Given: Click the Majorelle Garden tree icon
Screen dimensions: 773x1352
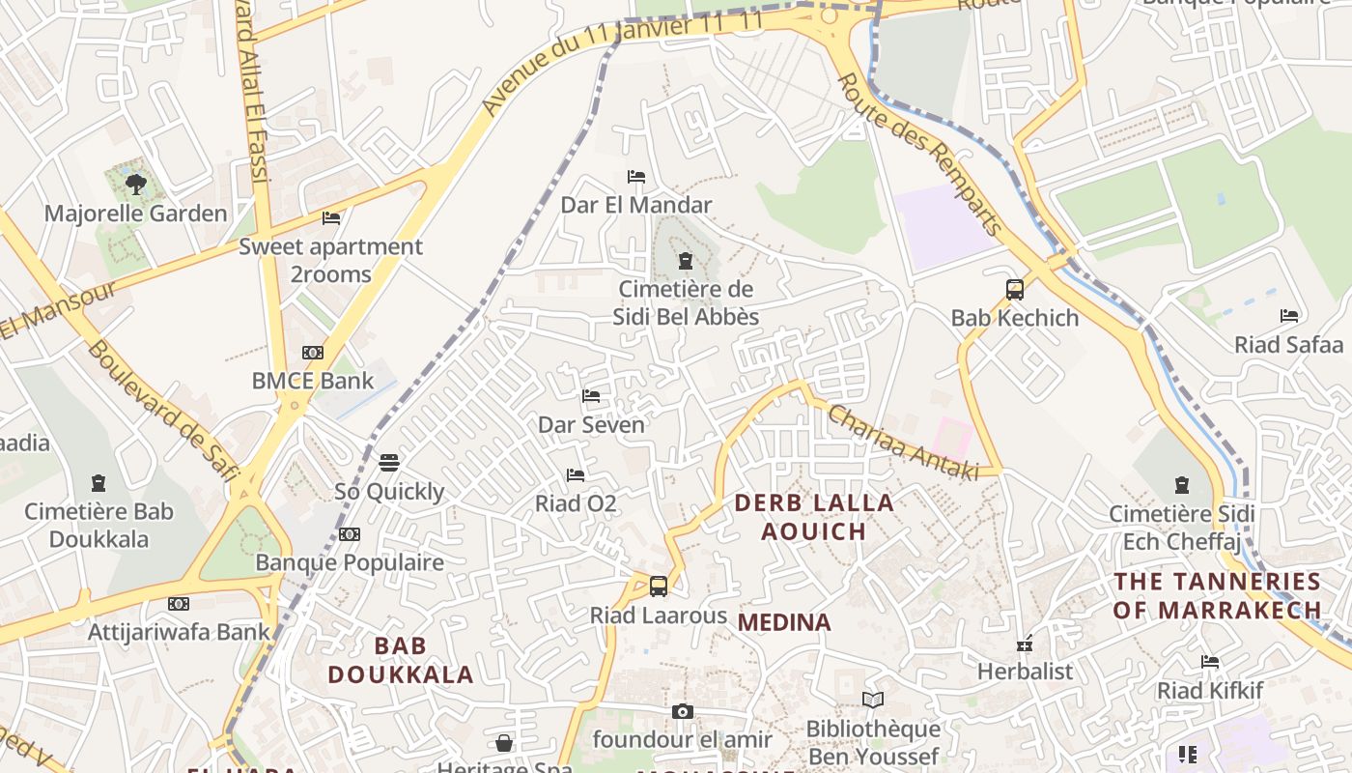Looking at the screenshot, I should (136, 184).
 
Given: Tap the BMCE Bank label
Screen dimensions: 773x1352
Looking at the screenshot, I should (312, 381).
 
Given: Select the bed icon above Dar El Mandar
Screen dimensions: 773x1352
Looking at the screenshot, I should (635, 177).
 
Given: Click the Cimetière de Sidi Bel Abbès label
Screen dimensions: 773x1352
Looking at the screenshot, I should (686, 302).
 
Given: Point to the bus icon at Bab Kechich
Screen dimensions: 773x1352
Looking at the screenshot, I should (1014, 289).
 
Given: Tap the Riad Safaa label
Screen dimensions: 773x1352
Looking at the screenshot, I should (1288, 345).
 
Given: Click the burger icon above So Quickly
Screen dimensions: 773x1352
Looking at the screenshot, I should (389, 463).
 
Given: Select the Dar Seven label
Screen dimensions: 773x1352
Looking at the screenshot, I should (591, 424).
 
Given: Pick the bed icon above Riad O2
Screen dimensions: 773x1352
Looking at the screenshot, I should (576, 475).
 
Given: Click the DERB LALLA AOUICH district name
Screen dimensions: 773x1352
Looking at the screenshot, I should (814, 517).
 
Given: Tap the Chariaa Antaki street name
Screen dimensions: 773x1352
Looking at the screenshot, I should (903, 441).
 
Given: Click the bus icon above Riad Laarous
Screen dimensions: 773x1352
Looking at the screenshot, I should (658, 587).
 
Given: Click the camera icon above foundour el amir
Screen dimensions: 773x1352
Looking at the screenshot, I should (683, 712).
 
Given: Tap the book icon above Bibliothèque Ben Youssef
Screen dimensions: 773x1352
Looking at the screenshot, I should (872, 700).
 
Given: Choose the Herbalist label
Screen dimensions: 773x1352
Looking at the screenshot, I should (1025, 671).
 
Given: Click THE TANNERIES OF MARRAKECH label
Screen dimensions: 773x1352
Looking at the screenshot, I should (1217, 595).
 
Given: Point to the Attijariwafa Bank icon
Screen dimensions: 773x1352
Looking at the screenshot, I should (179, 604).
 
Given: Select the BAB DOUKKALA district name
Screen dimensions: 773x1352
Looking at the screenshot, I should (400, 660).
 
